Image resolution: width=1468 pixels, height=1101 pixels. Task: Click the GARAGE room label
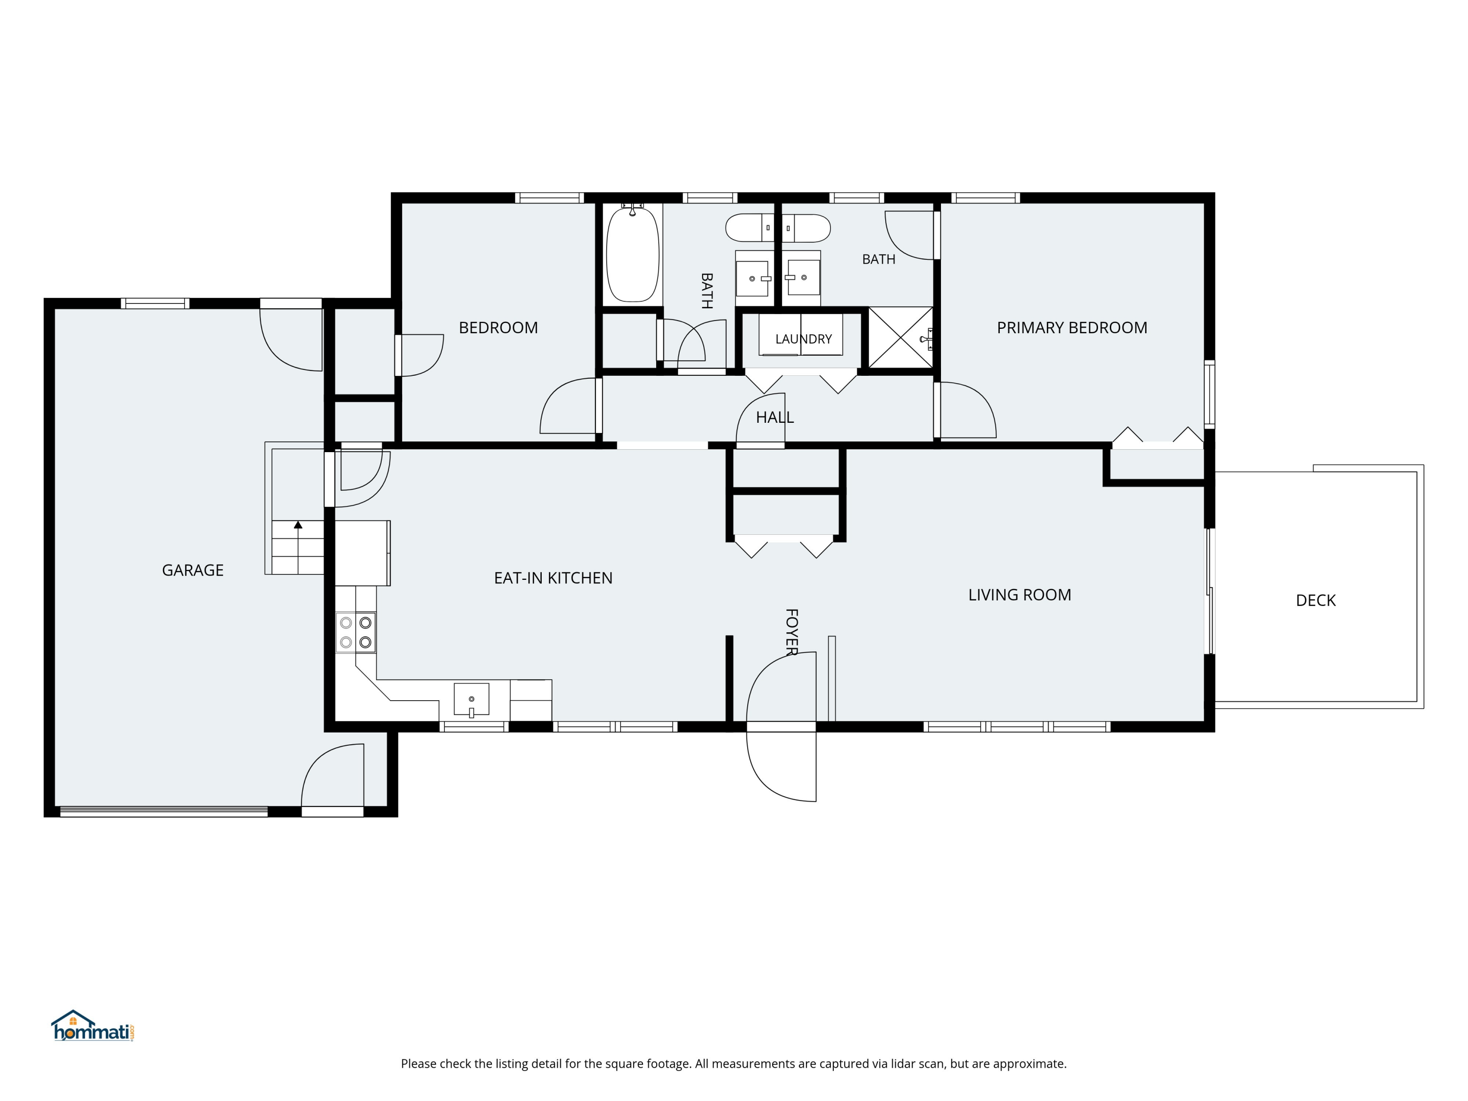(192, 570)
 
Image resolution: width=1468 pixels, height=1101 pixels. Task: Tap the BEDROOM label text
(499, 328)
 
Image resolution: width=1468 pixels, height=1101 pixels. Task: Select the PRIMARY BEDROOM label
(1072, 328)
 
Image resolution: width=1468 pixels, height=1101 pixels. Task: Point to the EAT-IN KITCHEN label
(553, 578)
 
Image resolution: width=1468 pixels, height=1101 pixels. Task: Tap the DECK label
(1315, 600)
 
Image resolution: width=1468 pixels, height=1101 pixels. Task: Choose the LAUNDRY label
(803, 339)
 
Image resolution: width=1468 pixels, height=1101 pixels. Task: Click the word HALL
(775, 417)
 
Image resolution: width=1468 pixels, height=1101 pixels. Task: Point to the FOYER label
(791, 632)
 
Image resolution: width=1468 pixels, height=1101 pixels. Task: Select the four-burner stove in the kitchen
(356, 632)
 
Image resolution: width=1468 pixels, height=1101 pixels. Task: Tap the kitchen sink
(471, 699)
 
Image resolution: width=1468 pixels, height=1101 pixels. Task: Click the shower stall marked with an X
(900, 337)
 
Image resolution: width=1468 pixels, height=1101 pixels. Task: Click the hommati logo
(93, 1026)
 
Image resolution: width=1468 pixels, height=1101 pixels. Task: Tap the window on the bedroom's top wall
(550, 198)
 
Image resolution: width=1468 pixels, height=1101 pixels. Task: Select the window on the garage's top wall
(155, 303)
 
